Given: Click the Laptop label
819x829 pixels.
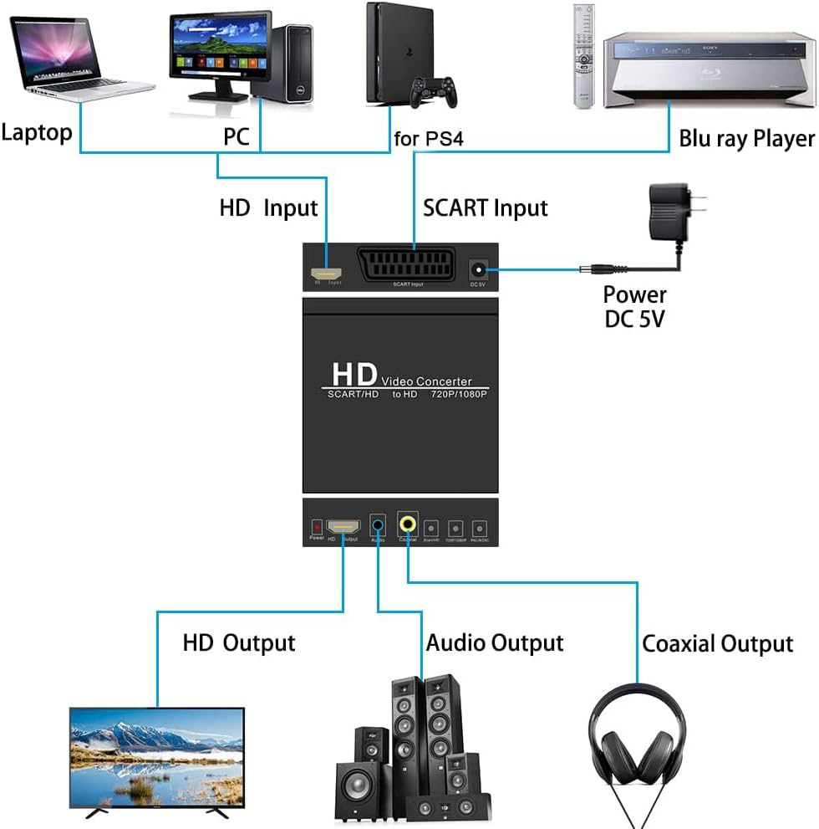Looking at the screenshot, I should [x=37, y=132].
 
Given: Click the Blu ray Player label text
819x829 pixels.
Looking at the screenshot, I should [x=745, y=138].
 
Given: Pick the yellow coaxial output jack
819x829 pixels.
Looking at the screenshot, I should [x=408, y=525].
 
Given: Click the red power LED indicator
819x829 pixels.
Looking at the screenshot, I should [x=317, y=527].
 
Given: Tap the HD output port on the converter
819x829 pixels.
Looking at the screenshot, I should [x=343, y=527].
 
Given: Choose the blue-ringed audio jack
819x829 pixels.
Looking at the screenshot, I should [x=379, y=525].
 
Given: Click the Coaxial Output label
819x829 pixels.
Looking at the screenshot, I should [x=717, y=644].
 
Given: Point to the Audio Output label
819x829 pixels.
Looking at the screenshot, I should [x=495, y=642].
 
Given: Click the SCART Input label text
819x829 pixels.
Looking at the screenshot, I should [x=486, y=207].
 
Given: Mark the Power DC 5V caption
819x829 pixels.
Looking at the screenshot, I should [x=635, y=306].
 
